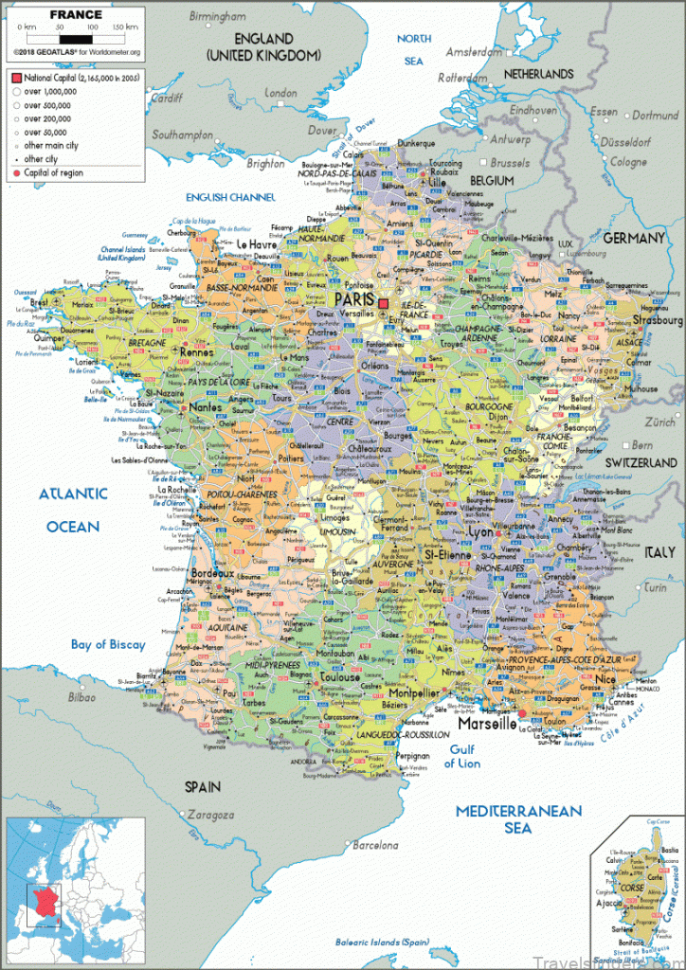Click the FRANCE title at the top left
76,14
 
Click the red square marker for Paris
384,303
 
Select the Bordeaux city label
211,573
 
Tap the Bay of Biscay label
108,645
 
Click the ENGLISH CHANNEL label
230,197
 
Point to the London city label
280,94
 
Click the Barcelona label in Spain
377,845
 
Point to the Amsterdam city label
473,52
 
